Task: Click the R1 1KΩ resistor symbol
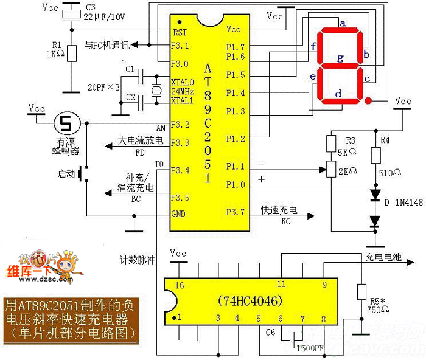click(72, 53)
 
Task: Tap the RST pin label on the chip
click(180, 32)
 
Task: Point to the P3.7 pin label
click(236, 212)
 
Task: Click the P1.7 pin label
click(236, 47)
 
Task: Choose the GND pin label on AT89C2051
click(179, 214)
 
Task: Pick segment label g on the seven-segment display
click(341, 58)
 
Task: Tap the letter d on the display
click(338, 94)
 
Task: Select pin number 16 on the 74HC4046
click(179, 285)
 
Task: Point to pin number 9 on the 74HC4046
click(324, 284)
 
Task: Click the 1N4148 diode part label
click(408, 202)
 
